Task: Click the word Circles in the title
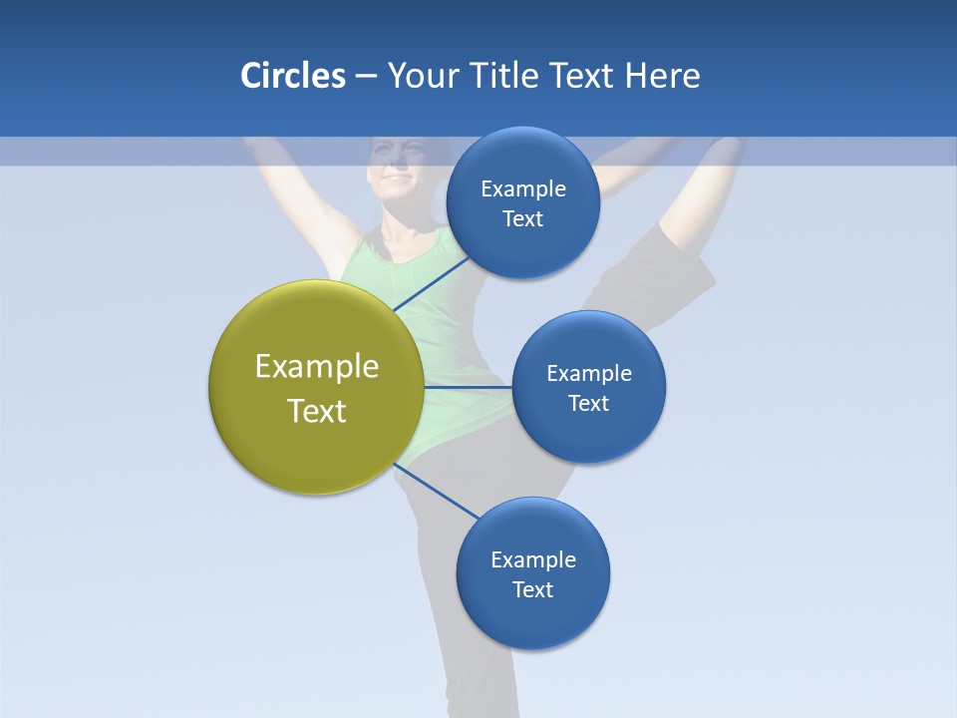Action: click(x=292, y=76)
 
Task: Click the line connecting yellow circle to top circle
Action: click(x=433, y=283)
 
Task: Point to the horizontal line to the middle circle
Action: click(x=468, y=386)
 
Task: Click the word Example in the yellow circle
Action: click(x=317, y=367)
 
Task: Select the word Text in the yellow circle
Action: click(x=317, y=411)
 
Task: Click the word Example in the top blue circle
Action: click(x=523, y=189)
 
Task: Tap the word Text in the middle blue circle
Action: click(x=588, y=403)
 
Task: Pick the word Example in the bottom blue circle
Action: click(x=533, y=559)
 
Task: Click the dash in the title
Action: click(x=366, y=76)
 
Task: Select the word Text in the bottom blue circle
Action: click(x=532, y=589)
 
